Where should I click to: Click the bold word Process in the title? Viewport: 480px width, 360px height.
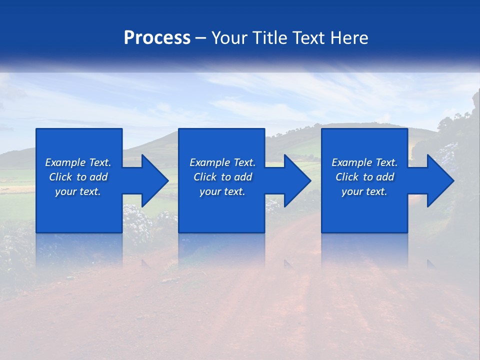[157, 38]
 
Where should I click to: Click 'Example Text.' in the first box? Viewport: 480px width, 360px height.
[78, 162]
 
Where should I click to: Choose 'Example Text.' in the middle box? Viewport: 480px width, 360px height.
[222, 162]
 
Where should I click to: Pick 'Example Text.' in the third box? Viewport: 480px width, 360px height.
[364, 162]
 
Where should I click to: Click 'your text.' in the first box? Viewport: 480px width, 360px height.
[78, 191]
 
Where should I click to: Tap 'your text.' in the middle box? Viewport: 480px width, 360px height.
[222, 191]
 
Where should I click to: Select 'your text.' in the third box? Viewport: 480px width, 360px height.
[364, 191]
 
